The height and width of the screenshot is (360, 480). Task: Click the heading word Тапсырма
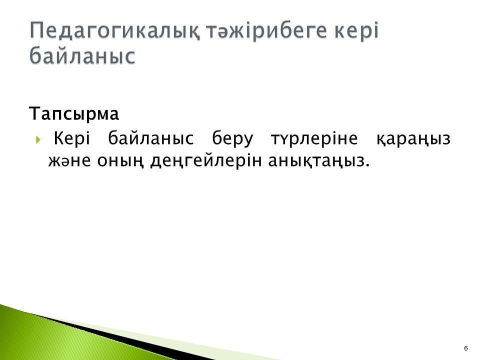point(74,114)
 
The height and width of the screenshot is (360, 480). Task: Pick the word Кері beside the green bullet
point(72,138)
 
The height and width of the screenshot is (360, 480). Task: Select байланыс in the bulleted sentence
point(151,138)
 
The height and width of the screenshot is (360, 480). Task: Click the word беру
point(232,138)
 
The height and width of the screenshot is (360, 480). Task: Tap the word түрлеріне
point(314,138)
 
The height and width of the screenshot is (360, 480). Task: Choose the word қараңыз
point(413,139)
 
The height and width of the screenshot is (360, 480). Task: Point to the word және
point(69,160)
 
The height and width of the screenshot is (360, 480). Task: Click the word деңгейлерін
point(206,160)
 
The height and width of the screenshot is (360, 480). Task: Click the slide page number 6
point(466,348)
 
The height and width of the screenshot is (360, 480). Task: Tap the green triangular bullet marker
point(38,140)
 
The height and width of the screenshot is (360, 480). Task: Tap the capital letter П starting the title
point(37,30)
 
